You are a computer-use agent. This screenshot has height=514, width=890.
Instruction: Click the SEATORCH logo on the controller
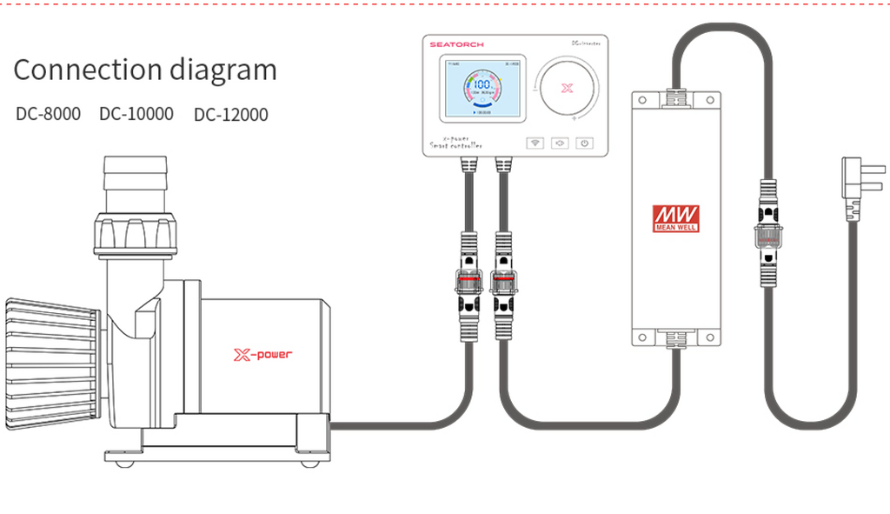[457, 43]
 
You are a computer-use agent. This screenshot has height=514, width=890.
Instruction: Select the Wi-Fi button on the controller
[535, 143]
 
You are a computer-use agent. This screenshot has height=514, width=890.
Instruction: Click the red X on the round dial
[568, 88]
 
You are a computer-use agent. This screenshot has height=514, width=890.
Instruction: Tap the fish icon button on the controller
[560, 143]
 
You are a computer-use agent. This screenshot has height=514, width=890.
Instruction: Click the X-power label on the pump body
[262, 354]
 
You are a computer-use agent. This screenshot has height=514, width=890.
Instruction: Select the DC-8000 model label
[48, 114]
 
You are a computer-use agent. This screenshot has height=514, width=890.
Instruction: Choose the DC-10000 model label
[136, 114]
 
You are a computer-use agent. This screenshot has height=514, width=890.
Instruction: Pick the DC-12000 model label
[230, 114]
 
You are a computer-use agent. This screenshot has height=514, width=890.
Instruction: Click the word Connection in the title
[76, 70]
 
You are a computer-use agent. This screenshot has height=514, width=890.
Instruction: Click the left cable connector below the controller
[467, 283]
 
